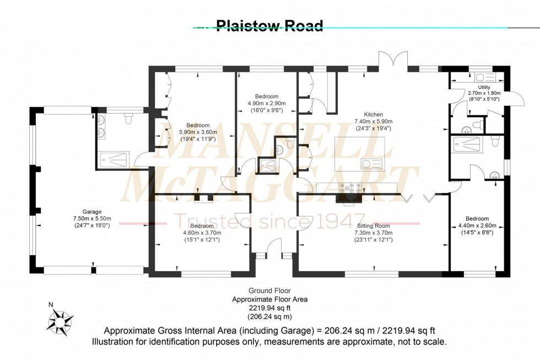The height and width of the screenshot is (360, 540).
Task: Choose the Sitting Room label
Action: [x=373, y=226]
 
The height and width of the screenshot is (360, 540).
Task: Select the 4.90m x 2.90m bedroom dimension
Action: [x=266, y=103]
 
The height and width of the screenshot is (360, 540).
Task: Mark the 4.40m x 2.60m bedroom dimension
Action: [x=477, y=225]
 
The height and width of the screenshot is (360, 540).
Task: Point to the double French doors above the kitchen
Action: [x=393, y=60]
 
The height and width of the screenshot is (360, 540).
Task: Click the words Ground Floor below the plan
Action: [x=269, y=291]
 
